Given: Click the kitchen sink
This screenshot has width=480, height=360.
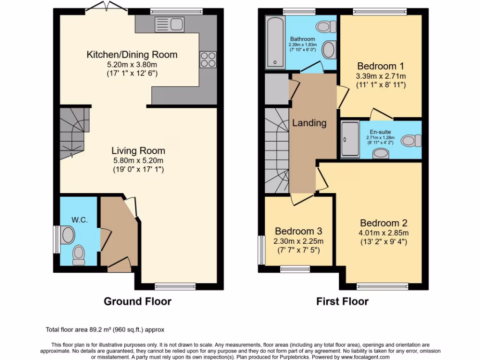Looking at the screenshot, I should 169,23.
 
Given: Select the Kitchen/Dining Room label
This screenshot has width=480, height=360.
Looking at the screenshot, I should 132,55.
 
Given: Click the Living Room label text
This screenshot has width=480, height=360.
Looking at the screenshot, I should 138,151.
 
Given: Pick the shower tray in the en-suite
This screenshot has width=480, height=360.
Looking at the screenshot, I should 349,139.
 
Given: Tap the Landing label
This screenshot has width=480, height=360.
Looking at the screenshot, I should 309,123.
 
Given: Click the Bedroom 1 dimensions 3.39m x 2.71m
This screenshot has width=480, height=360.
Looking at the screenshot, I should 381,76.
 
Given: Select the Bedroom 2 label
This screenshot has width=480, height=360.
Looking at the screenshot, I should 384,223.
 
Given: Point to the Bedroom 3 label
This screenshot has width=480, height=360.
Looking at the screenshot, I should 299,231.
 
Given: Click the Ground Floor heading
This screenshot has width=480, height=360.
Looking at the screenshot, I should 137,301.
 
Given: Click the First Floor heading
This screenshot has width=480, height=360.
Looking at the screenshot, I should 342,301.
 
